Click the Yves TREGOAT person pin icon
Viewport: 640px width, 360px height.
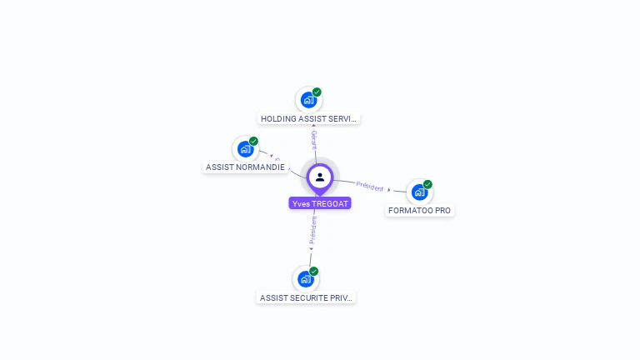coord(320,177)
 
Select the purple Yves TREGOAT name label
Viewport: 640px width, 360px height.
coord(320,203)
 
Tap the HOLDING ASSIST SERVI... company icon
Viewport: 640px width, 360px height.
coord(308,100)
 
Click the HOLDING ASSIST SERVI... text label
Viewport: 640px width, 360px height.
coord(309,119)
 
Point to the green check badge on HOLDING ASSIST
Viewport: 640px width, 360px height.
coord(317,92)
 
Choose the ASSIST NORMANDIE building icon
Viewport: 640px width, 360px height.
coord(245,149)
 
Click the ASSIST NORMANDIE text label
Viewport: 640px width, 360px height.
coord(245,167)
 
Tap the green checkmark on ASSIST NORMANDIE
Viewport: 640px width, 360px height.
coord(253,142)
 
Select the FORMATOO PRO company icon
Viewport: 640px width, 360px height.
coord(419,192)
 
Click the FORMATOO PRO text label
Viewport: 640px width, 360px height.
coord(419,211)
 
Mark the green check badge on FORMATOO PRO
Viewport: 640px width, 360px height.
coord(427,184)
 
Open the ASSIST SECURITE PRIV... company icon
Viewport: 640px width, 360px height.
coord(306,278)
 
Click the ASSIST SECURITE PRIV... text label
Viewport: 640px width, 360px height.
coord(306,297)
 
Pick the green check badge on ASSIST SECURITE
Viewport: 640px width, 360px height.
coord(314,271)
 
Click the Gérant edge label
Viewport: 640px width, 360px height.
coord(314,139)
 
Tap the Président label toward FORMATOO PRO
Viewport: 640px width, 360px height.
coord(370,186)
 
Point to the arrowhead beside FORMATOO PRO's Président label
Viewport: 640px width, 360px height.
coord(389,190)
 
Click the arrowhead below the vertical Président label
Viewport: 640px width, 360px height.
coord(311,248)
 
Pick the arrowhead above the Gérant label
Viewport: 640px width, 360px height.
coord(312,125)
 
